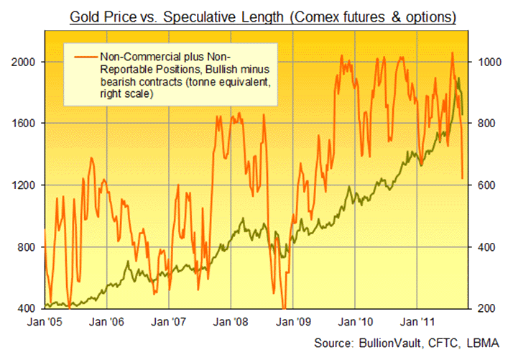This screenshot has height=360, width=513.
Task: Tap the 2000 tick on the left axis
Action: click(27, 63)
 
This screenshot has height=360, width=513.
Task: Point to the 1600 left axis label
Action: click(27, 124)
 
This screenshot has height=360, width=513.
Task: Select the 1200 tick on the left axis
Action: click(27, 185)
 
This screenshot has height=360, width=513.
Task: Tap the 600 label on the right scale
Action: click(484, 185)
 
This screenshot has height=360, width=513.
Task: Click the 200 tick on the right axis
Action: click(484, 309)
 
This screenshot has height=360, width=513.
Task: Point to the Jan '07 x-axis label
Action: click(170, 322)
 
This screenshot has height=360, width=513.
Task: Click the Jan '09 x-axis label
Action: click(295, 322)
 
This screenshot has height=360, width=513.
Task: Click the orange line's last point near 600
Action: click(462, 177)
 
